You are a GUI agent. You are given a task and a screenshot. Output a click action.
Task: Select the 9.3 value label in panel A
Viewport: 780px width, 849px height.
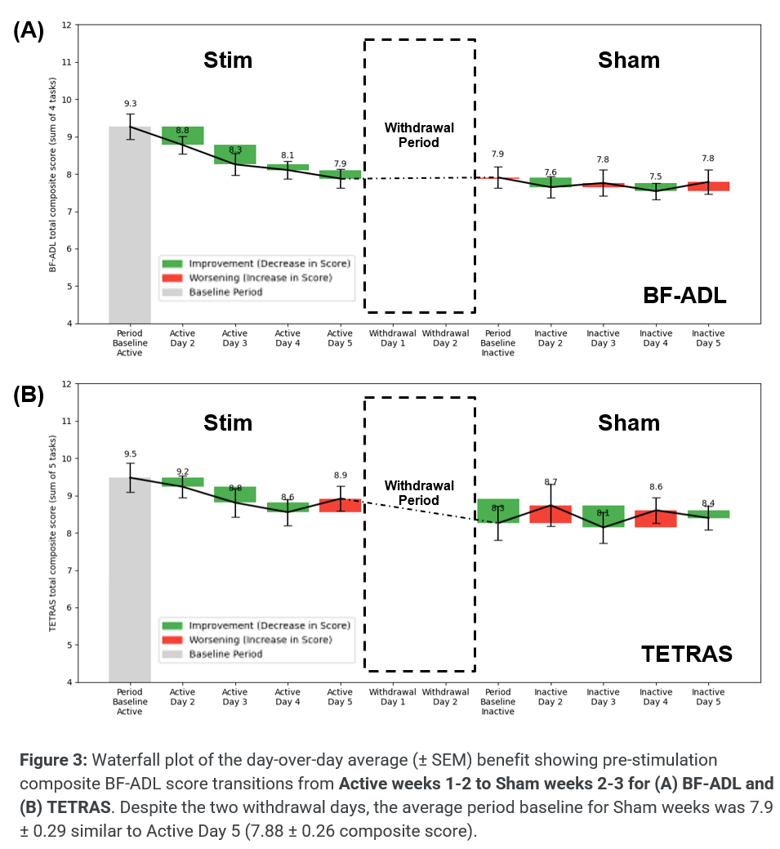[x=131, y=104]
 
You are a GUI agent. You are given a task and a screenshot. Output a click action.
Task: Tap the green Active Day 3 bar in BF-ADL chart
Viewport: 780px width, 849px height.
[x=235, y=154]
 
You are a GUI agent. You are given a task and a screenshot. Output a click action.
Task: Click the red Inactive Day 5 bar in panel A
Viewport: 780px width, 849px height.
[x=708, y=186]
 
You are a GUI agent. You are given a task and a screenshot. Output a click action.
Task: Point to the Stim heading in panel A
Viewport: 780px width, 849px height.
[x=228, y=60]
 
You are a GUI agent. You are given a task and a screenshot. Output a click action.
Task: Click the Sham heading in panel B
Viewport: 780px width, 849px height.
[x=628, y=422]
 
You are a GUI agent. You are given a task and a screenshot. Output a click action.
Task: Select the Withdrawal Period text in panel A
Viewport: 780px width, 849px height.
[x=419, y=135]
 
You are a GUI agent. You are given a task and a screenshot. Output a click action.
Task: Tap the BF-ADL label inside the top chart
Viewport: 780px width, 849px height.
[x=684, y=297]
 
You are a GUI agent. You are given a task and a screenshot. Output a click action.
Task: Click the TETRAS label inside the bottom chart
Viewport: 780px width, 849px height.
[x=686, y=654]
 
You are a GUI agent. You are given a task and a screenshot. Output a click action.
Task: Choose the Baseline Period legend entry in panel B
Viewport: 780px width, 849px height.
[x=225, y=655]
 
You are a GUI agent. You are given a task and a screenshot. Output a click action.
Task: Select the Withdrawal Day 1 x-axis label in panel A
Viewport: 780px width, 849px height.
[x=393, y=338]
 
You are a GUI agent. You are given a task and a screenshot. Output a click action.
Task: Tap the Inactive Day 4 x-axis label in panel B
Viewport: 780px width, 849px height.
[x=656, y=697]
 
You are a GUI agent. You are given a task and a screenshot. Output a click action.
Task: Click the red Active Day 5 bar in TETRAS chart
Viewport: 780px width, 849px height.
[x=341, y=505]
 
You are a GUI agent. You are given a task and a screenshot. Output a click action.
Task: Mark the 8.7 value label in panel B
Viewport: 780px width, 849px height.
[x=550, y=482]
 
